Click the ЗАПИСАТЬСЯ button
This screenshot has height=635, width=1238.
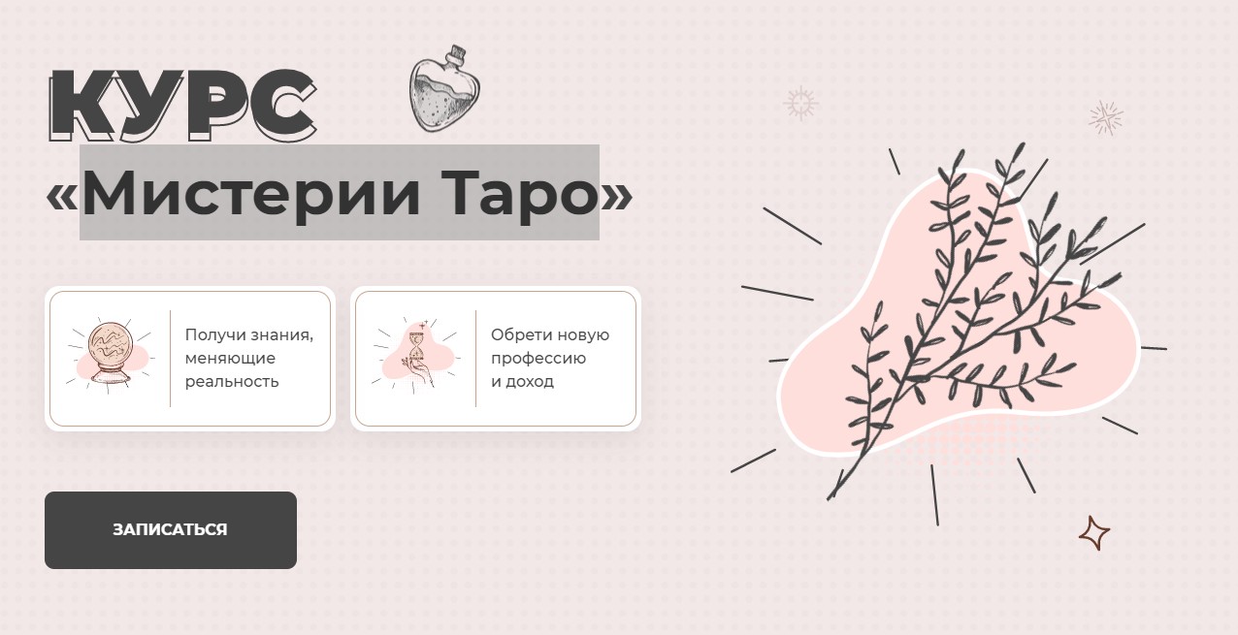170,529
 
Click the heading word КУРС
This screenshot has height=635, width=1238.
182,102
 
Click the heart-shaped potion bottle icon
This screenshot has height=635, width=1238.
441,93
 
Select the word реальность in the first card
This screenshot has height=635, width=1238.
232,381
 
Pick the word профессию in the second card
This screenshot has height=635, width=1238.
538,358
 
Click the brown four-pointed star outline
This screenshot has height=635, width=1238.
1094,533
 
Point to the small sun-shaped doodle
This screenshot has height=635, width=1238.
800,103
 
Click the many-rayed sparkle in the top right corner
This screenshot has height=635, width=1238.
1105,117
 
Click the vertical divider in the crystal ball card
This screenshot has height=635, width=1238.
170,359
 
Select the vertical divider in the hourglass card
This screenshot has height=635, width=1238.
475,359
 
